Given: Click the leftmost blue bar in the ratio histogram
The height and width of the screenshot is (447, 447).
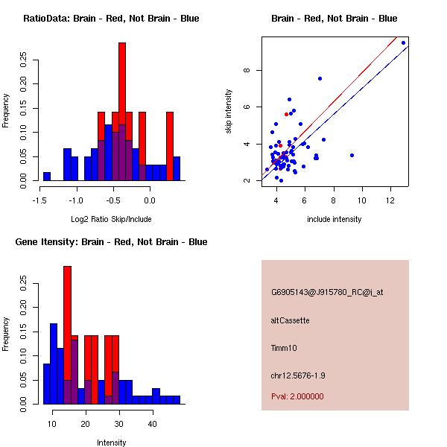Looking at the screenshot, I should coord(47,176).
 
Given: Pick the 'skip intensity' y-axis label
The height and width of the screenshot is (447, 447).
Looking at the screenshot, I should coord(229,112).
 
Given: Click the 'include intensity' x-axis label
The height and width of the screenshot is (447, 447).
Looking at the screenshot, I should coord(334,218).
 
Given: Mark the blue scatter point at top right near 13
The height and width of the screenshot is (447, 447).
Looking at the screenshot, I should coord(403,42).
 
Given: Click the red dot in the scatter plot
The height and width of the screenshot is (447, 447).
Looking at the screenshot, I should coord(286,114).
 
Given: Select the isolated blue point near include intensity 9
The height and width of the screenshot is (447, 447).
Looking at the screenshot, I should coord(352,155).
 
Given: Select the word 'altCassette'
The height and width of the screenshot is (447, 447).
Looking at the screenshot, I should coord(291,320).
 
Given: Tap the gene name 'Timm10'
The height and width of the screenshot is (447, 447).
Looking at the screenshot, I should coord(284,347).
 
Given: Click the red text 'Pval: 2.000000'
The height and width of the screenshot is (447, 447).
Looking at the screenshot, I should coord(297,396).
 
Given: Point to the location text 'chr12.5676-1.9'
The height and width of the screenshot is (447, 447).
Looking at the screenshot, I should coord(298,375).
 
